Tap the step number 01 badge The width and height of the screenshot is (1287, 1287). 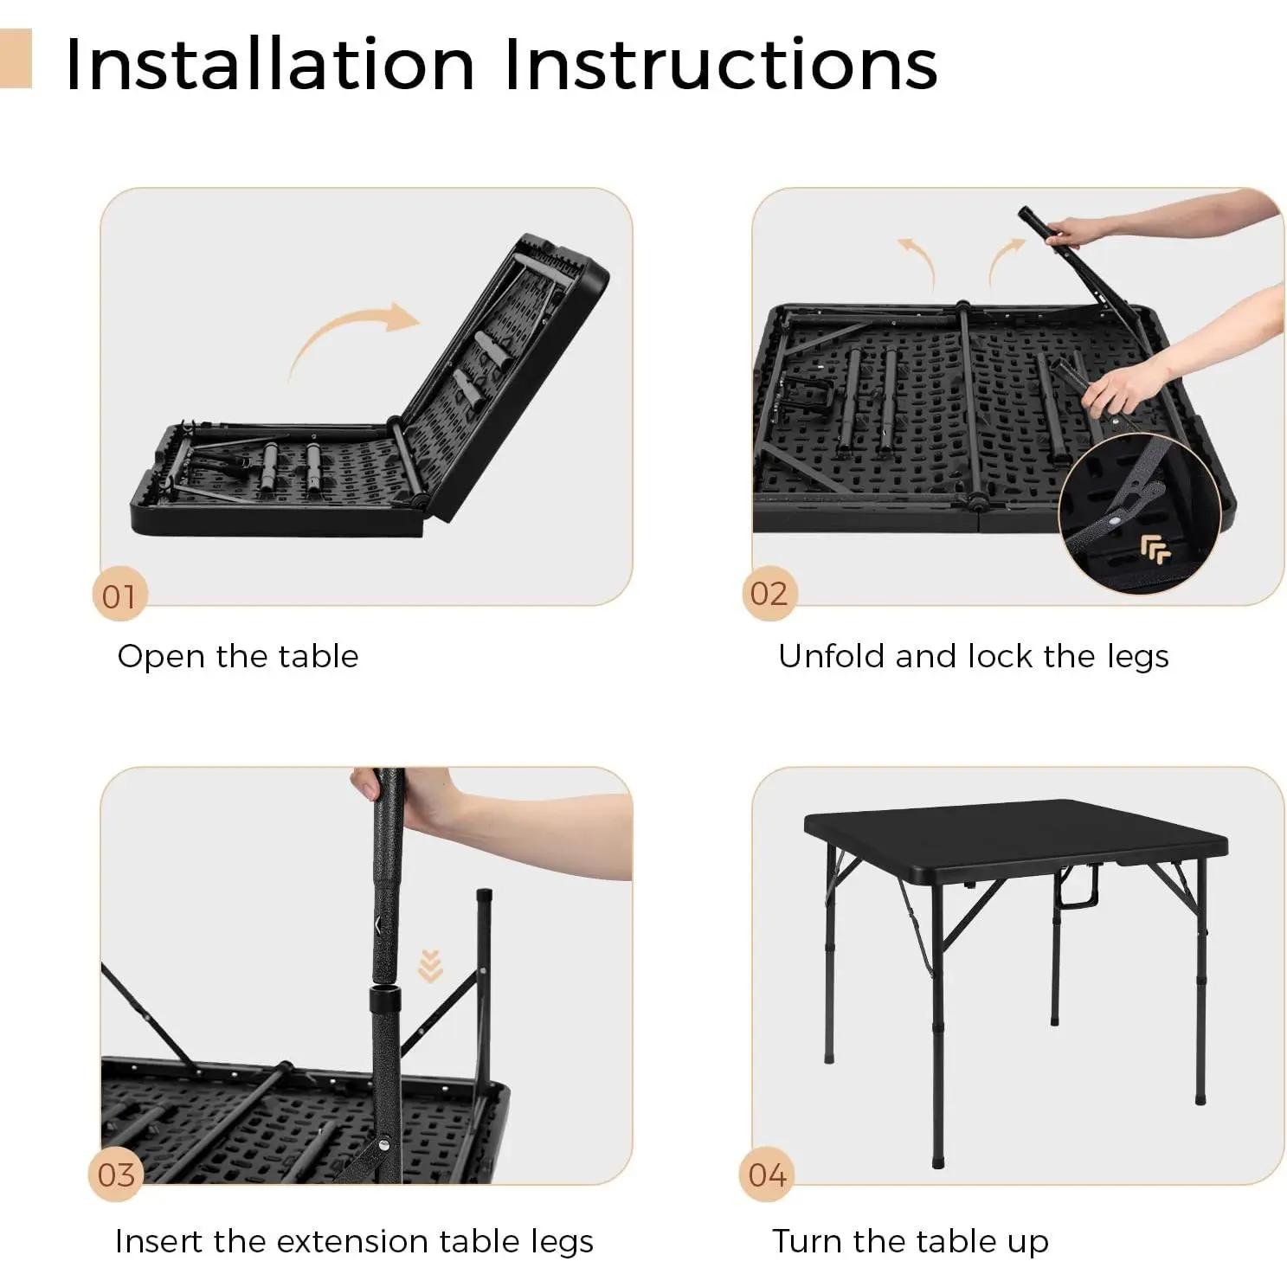point(119,595)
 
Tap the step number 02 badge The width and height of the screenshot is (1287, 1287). point(769,594)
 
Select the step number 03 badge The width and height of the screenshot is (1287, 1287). point(116,1174)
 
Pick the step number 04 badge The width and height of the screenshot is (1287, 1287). point(767,1174)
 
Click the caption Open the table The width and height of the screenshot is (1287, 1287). point(238,657)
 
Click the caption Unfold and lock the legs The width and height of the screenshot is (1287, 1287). point(974,657)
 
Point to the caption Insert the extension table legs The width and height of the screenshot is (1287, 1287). point(354,1241)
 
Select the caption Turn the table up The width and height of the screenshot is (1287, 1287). point(911,1241)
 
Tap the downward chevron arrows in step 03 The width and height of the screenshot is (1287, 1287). point(430,966)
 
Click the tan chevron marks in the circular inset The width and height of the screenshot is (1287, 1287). point(1155,549)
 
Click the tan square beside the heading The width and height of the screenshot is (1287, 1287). point(16,58)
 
